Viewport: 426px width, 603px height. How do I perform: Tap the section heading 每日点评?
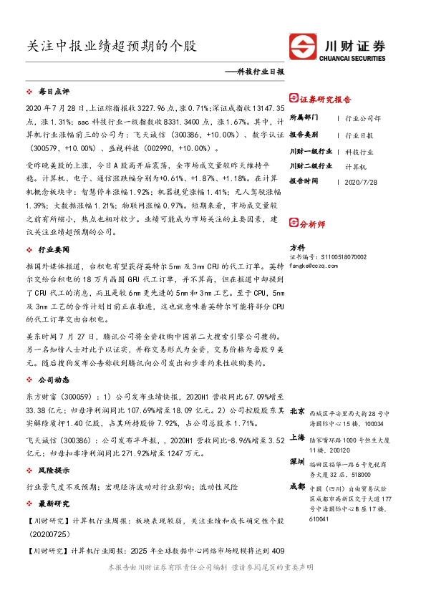(x=54, y=92)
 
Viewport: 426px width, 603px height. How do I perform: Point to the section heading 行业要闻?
(x=54, y=250)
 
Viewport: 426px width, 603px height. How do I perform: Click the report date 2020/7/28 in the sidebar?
(x=360, y=181)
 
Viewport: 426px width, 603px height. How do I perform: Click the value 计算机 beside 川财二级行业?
(x=356, y=166)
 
